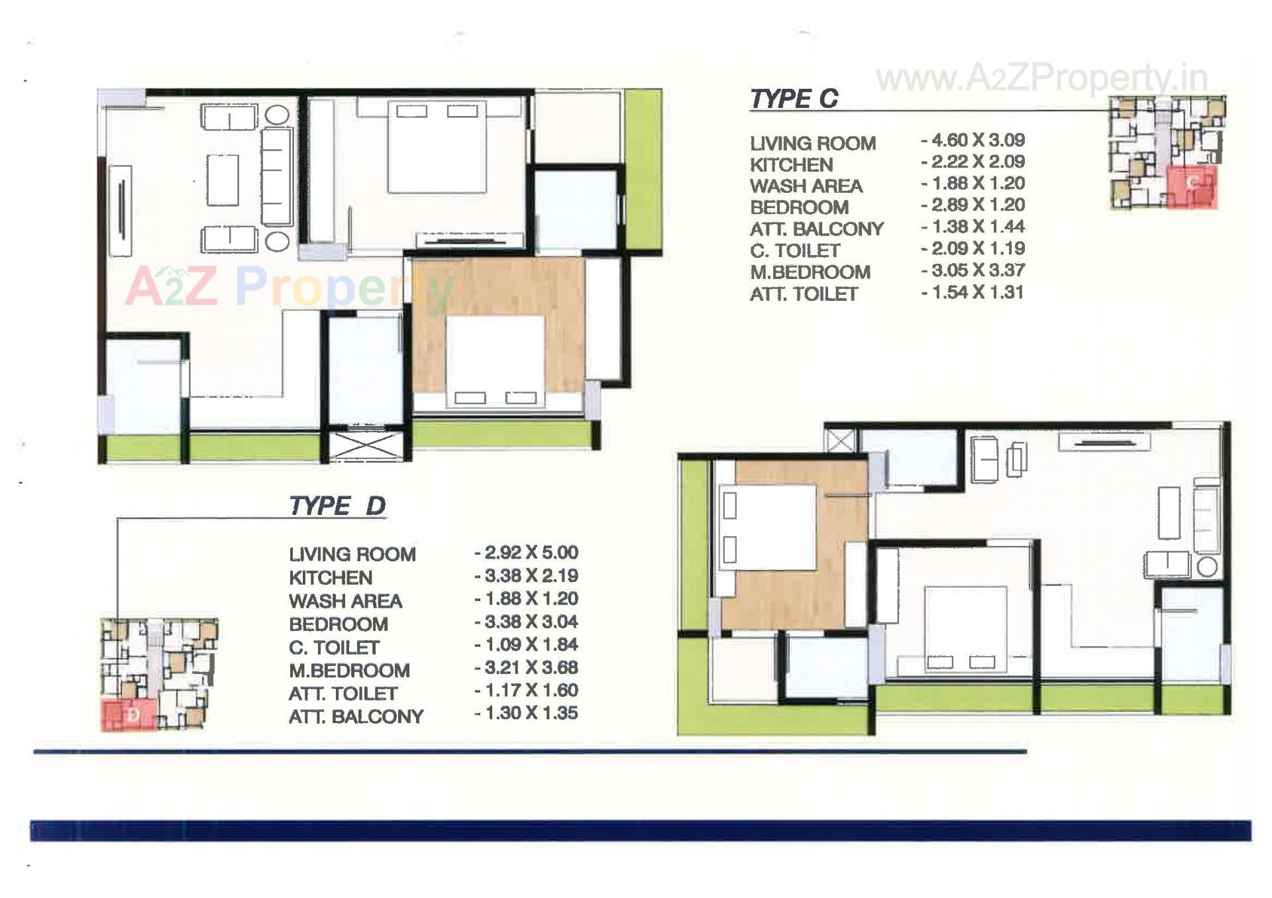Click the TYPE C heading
pos(794,99)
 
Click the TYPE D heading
pos(337,506)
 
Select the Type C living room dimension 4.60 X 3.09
pos(973,140)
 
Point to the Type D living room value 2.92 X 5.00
pos(527,553)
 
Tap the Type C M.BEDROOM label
pos(810,272)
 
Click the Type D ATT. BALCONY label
pos(356,717)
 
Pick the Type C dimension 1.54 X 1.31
pos(973,292)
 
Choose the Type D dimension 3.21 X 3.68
pos(527,667)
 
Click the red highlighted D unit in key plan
pos(129,714)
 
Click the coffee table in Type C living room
pos(223,180)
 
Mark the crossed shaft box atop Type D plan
pos(840,441)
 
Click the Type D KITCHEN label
pos(330,578)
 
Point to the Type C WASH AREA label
pos(806,186)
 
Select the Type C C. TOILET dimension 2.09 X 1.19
pos(973,249)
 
